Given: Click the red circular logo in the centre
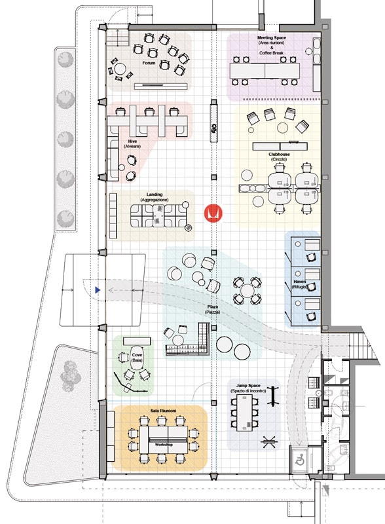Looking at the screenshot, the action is pos(213,213).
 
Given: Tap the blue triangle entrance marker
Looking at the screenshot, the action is pos(98,290).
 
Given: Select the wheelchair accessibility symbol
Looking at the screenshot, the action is pos(299,461).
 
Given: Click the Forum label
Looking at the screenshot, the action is pos(149,62).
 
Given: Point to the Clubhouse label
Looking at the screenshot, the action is pos(279,155).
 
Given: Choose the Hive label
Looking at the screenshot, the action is pos(132,141).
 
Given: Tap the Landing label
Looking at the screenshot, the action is pos(155,195).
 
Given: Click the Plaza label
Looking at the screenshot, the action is pos(213,307).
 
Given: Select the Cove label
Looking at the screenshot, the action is pos(137,355).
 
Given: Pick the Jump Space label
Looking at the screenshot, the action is pos(248,386).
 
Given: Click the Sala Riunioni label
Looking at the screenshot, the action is pos(163,411).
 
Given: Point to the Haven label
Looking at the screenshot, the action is pos(300,282).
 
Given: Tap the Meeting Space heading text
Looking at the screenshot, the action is pos(271,38).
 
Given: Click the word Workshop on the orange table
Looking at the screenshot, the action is pos(164,445).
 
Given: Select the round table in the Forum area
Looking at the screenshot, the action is pos(120,69).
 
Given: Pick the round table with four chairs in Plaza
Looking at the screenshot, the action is pos(247,290).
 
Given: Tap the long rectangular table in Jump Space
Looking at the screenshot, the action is pos(245,413).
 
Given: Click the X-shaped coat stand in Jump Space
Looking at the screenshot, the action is pos(269,441).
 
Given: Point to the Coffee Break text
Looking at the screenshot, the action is pos(271,53).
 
